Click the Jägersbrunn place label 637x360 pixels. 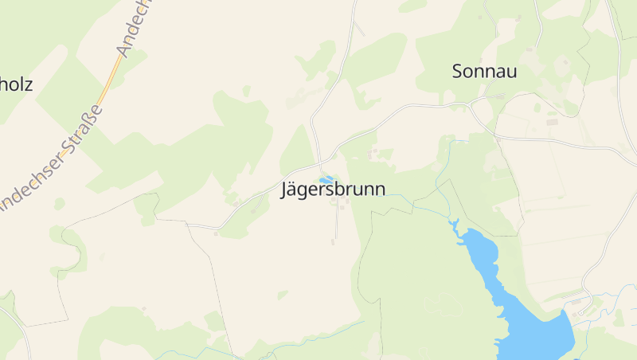point(333,190)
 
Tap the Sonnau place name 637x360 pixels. point(484,72)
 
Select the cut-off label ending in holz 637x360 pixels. point(16,84)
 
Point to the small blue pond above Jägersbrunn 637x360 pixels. point(326,180)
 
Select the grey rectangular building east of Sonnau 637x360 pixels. point(551,122)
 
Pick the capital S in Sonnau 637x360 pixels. point(459,72)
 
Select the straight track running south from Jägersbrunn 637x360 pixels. point(336,223)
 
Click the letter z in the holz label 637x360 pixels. point(29,84)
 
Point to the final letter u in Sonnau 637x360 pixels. point(511,72)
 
